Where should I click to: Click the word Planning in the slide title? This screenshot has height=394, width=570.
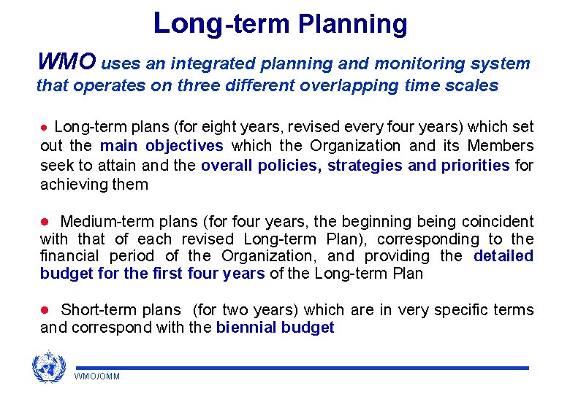coord(353,24)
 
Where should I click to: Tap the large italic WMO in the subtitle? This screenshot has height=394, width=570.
coord(66,62)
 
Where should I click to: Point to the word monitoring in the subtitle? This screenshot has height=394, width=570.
coord(411,63)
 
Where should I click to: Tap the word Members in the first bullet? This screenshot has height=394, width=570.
coord(501,146)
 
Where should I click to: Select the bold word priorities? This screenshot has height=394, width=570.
coord(475,165)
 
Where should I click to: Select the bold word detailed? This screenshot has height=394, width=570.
coord(503,256)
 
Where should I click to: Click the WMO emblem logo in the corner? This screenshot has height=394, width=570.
coord(49,367)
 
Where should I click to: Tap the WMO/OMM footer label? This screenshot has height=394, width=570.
coord(97,376)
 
